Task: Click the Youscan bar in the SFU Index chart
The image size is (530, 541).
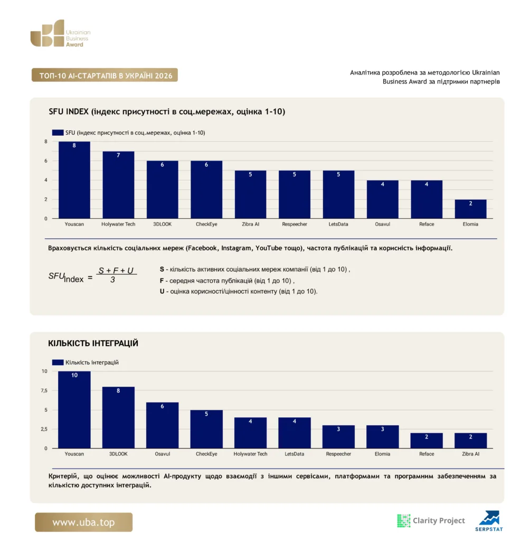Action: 74,180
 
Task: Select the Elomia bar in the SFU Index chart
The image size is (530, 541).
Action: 470,209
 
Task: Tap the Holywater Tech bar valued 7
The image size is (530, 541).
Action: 118,184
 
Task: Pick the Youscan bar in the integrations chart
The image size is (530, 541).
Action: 74,409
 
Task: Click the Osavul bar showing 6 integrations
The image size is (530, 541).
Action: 163,425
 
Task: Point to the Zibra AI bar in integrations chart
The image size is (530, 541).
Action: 470,441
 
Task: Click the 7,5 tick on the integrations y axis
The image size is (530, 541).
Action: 44,390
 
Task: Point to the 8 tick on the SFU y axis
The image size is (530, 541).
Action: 46,142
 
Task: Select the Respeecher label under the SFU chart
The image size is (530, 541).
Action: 295,224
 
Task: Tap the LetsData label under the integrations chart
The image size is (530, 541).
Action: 295,454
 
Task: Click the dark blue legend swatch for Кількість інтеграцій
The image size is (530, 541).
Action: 58,362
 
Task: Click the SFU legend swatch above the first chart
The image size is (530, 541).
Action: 58,133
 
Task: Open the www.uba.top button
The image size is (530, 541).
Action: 83,522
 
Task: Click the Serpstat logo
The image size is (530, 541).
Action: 489,521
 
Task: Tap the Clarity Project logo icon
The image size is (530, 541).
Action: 403,520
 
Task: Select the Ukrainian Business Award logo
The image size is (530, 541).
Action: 60,33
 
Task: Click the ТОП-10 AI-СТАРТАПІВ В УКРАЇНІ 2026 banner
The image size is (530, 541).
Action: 105,75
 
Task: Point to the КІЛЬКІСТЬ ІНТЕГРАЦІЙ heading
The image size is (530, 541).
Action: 93,343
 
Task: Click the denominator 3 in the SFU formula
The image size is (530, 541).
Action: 113,280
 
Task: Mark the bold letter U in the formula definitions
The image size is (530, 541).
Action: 162,292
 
